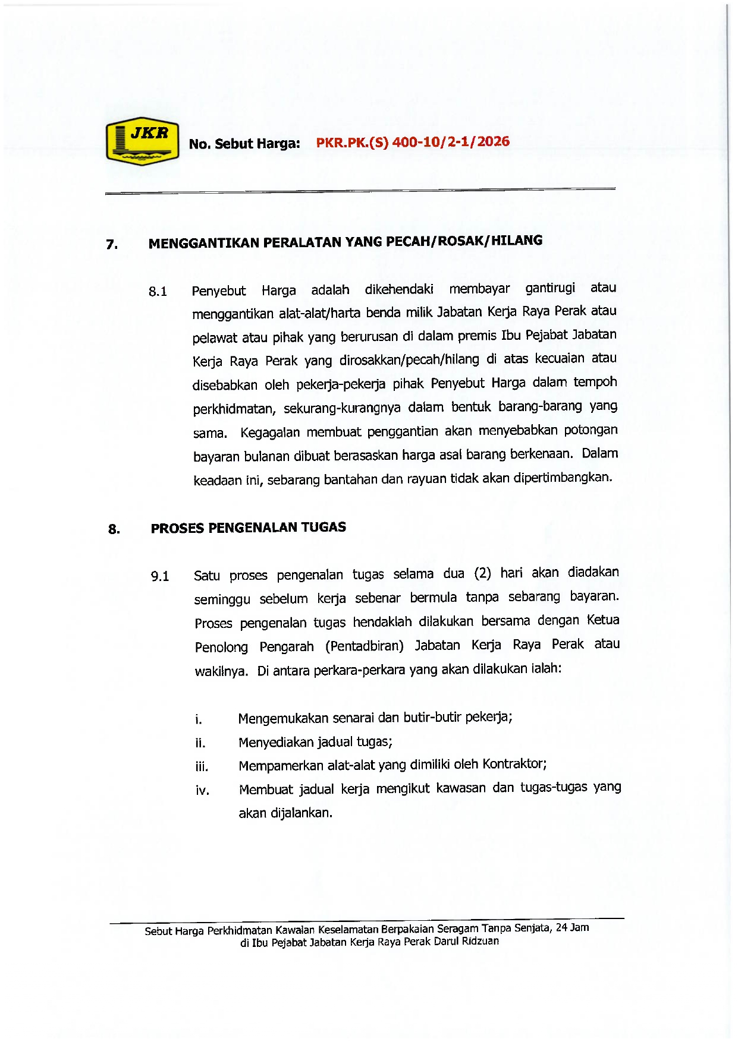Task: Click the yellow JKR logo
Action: click(x=143, y=141)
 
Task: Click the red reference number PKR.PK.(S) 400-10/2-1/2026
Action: click(x=413, y=142)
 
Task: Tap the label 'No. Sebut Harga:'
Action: click(x=244, y=144)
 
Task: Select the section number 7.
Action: click(x=111, y=244)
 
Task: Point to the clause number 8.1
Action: click(x=158, y=292)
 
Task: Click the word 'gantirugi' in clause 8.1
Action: click(x=550, y=288)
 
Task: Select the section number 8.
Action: click(x=114, y=529)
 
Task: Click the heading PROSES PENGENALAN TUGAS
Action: click(x=248, y=528)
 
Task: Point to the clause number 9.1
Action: click(x=160, y=576)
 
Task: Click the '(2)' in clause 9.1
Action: click(x=482, y=573)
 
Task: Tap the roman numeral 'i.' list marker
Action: click(x=199, y=720)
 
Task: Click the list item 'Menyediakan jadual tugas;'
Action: click(x=315, y=742)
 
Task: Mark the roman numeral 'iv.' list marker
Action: click(x=202, y=791)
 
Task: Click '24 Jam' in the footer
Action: click(x=572, y=927)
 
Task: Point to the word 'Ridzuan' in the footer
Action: click(x=481, y=941)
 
